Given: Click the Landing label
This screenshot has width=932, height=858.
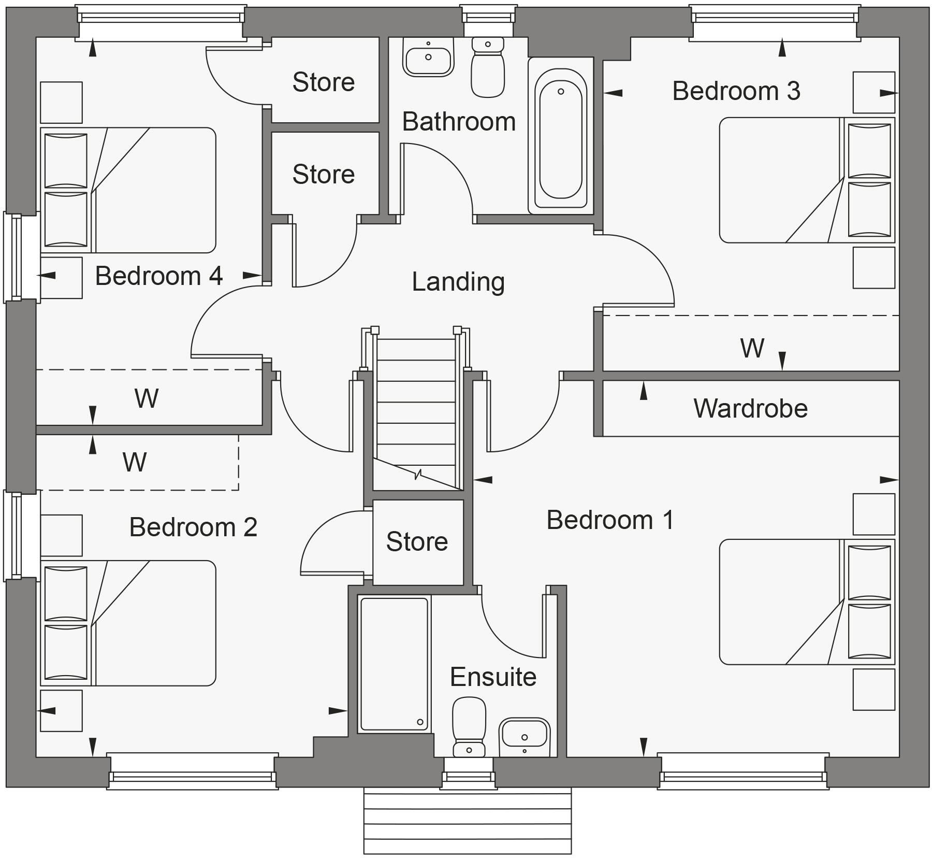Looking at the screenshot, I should pos(458,282).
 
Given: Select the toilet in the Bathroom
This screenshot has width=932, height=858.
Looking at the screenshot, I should pos(487,70).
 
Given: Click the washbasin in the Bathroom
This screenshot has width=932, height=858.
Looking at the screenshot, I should pos(428,59).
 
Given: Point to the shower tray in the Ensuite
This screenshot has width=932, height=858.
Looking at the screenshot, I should pos(395,664).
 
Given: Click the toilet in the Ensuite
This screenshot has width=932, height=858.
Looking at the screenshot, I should pos(469,725).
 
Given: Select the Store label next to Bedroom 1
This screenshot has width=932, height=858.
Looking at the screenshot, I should pos(417,541).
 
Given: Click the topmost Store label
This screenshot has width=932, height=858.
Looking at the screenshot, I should pos(323,82).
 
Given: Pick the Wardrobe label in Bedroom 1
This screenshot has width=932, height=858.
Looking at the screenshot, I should pos(750,408).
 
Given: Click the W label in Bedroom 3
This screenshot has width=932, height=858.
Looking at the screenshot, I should pos(752,348).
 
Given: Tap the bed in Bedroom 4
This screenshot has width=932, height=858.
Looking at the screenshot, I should pos(129,190).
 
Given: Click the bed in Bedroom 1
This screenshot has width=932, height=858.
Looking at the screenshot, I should pos(805,602).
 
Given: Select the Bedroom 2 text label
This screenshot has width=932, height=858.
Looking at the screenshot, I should pos(193,527).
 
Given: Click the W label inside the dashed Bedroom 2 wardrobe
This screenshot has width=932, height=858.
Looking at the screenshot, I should pos(135,462).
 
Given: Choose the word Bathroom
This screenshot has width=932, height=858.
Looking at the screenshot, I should pos(459,122).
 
